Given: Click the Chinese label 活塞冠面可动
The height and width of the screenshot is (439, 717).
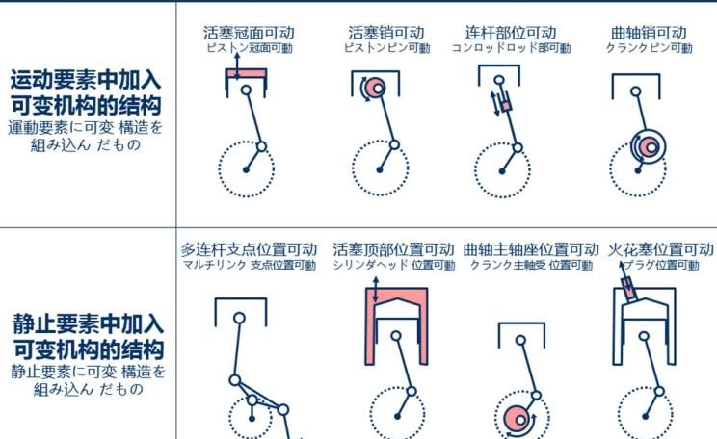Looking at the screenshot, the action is (x=249, y=33).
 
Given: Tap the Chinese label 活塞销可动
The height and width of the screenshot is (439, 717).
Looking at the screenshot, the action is (x=386, y=33).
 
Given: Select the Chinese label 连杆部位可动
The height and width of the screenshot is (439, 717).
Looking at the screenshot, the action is (x=511, y=33).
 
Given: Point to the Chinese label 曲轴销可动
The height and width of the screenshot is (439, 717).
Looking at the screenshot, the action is (x=649, y=33).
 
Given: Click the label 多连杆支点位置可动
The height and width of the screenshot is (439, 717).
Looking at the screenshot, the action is (x=249, y=249).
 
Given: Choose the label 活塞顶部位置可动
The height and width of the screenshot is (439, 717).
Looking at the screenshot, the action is (x=393, y=249).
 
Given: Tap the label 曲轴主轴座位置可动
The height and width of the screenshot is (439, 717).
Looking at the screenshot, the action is (x=531, y=249).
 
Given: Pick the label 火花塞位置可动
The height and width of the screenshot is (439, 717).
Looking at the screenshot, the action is (x=661, y=249).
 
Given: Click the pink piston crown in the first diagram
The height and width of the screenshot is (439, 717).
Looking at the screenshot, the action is (x=246, y=73).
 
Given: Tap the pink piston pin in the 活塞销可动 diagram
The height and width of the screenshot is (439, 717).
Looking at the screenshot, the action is (x=376, y=87).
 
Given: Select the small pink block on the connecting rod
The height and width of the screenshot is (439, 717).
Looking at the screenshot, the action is (x=506, y=106).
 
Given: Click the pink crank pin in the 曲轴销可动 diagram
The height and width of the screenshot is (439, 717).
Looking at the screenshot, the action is (x=649, y=147).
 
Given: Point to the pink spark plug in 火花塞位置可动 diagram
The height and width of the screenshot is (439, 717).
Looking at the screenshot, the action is (x=628, y=289).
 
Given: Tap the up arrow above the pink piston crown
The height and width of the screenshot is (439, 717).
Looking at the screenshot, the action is (x=237, y=66).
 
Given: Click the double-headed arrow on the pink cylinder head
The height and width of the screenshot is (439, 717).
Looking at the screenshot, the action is (x=376, y=289).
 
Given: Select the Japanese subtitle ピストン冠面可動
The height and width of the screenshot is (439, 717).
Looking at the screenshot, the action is (x=250, y=48).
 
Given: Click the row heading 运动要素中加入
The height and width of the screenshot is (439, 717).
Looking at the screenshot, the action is (x=86, y=80).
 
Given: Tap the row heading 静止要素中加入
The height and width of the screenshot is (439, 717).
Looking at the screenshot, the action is (x=88, y=323).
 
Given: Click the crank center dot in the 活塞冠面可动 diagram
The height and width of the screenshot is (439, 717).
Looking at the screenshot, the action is (x=246, y=170).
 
